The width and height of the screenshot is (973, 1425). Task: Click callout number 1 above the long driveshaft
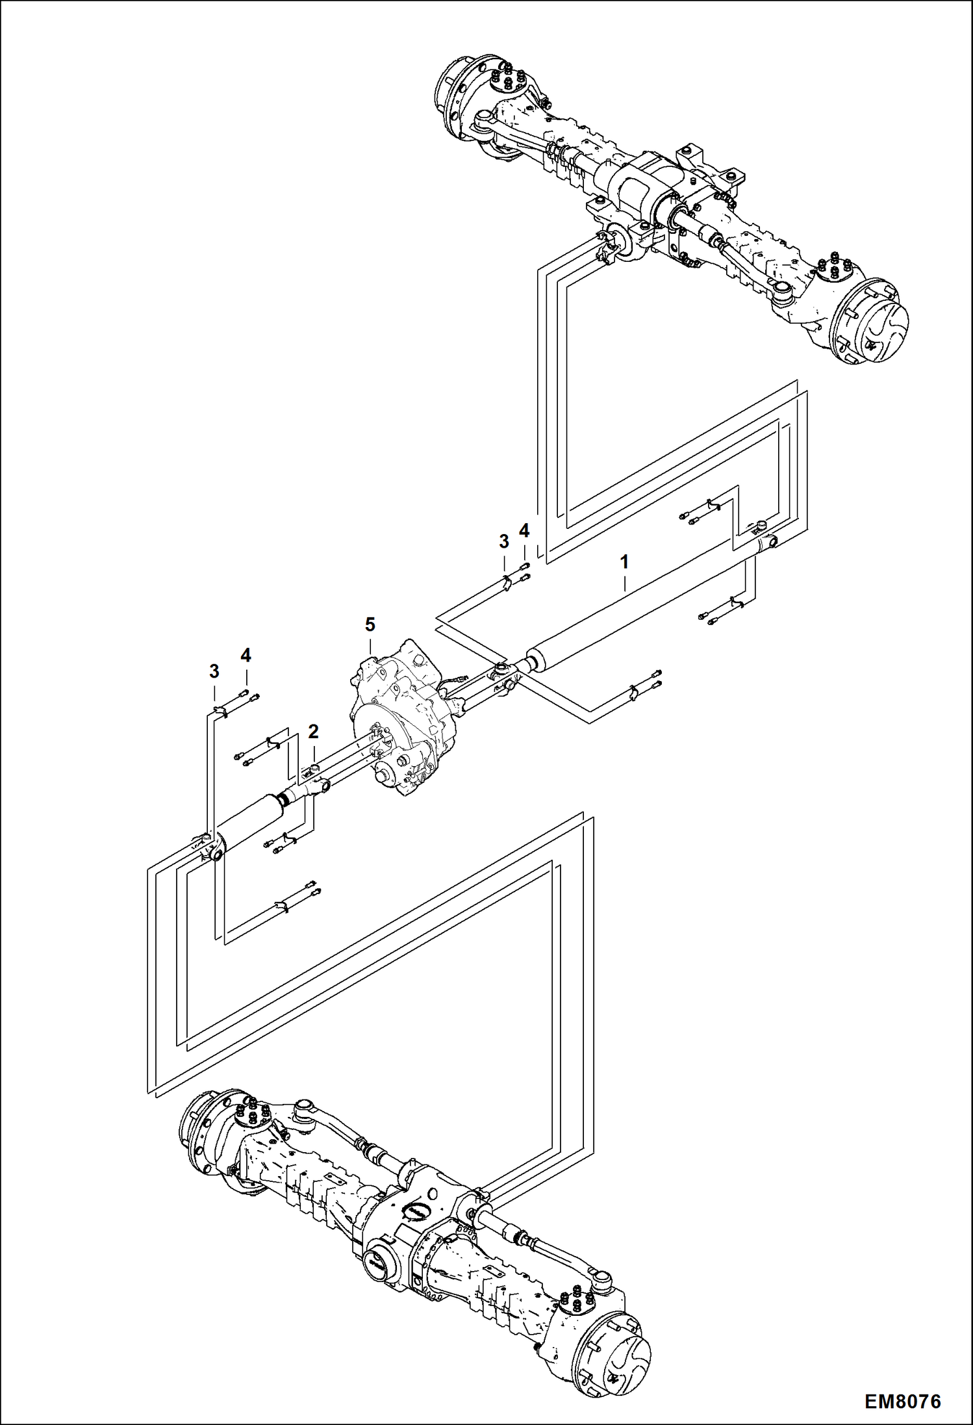pos(624,562)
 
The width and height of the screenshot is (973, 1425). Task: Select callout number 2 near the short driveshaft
pos(313,732)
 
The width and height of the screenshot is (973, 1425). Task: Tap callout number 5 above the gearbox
pos(370,624)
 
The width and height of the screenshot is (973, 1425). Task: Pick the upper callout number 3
pos(503,541)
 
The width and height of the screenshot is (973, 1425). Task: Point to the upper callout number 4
pos(524,531)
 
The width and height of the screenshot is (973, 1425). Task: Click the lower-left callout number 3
pos(214,671)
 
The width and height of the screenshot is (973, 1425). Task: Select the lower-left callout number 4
pos(246,656)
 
